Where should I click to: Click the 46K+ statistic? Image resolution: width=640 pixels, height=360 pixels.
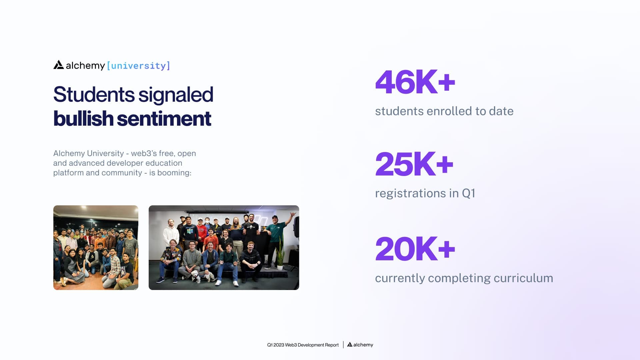point(415,82)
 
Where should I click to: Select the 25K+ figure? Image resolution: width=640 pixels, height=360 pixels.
point(414,164)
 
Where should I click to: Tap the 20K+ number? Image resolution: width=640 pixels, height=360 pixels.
point(415,249)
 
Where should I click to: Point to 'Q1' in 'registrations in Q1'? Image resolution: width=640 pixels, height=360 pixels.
point(468,193)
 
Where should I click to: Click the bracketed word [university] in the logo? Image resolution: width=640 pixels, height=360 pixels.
point(138,66)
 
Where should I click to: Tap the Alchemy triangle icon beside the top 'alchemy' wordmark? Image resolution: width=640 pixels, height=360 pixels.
point(59,65)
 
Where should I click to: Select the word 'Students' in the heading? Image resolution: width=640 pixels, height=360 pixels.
point(94,95)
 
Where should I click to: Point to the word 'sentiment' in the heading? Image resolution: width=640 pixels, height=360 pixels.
point(164,119)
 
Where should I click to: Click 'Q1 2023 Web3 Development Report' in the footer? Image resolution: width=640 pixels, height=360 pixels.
point(303,345)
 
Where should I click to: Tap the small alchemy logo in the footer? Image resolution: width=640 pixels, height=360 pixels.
point(360,345)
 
